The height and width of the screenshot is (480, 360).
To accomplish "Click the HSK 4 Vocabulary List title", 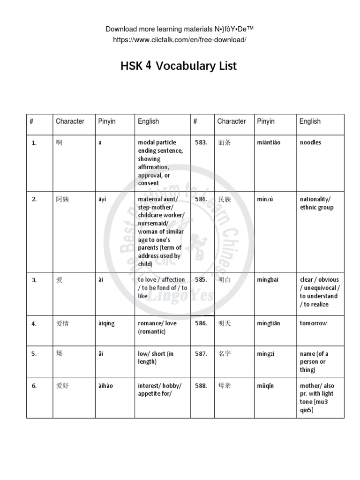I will (179, 66).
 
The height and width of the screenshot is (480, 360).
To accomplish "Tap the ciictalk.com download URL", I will (180, 40).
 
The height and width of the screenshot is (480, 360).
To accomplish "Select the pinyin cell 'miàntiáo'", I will (269, 142).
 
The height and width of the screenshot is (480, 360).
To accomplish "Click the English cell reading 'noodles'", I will (310, 142).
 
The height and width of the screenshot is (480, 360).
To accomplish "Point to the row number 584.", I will (201, 199).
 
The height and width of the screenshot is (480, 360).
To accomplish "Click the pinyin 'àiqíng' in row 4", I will (106, 323).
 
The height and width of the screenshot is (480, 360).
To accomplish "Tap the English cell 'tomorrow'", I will (313, 323).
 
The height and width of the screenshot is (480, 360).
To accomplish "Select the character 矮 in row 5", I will (59, 354).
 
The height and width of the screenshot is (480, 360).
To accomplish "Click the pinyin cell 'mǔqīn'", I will (265, 386).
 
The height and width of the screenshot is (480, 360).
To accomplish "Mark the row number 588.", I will (201, 386).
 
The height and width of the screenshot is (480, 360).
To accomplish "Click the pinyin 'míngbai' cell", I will (268, 280).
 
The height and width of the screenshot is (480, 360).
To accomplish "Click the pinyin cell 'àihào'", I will (105, 386).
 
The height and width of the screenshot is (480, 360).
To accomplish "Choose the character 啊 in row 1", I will (59, 142).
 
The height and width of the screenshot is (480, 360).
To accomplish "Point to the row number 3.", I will (34, 280).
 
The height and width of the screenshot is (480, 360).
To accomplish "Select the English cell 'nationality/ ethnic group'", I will (316, 203).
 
